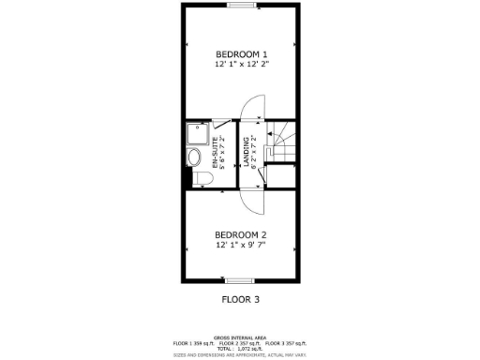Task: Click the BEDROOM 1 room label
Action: (242, 52)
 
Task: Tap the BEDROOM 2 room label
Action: (241, 234)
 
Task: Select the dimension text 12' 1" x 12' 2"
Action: (242, 65)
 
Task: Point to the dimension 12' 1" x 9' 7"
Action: (241, 246)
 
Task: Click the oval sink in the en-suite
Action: (194, 156)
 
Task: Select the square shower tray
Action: (195, 132)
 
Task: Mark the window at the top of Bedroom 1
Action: (241, 6)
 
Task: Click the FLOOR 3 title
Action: (240, 300)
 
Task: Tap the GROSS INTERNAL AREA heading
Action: (240, 337)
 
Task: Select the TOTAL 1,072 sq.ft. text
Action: (240, 348)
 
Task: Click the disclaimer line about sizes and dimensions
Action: (240, 354)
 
